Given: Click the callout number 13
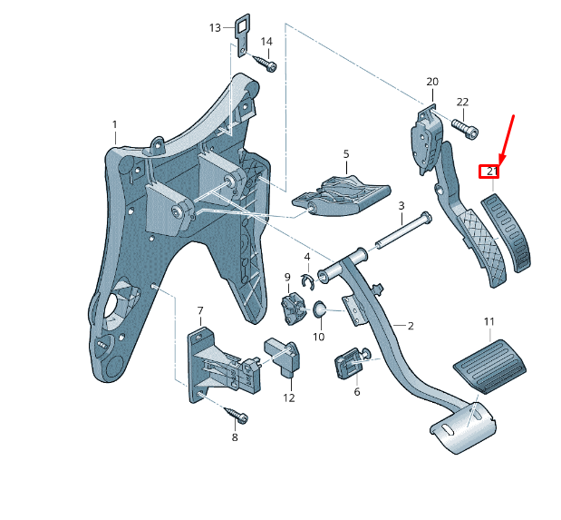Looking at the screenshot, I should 215,28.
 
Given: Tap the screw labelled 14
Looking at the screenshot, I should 265,64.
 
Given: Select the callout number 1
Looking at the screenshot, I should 115,124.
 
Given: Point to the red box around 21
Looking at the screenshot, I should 490,171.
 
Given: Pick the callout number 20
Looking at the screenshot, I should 431,82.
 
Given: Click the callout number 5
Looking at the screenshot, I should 345,155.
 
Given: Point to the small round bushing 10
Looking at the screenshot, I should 320,311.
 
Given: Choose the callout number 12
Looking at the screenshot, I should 288,397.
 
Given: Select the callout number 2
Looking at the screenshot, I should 410,326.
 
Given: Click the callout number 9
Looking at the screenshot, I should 287,277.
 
